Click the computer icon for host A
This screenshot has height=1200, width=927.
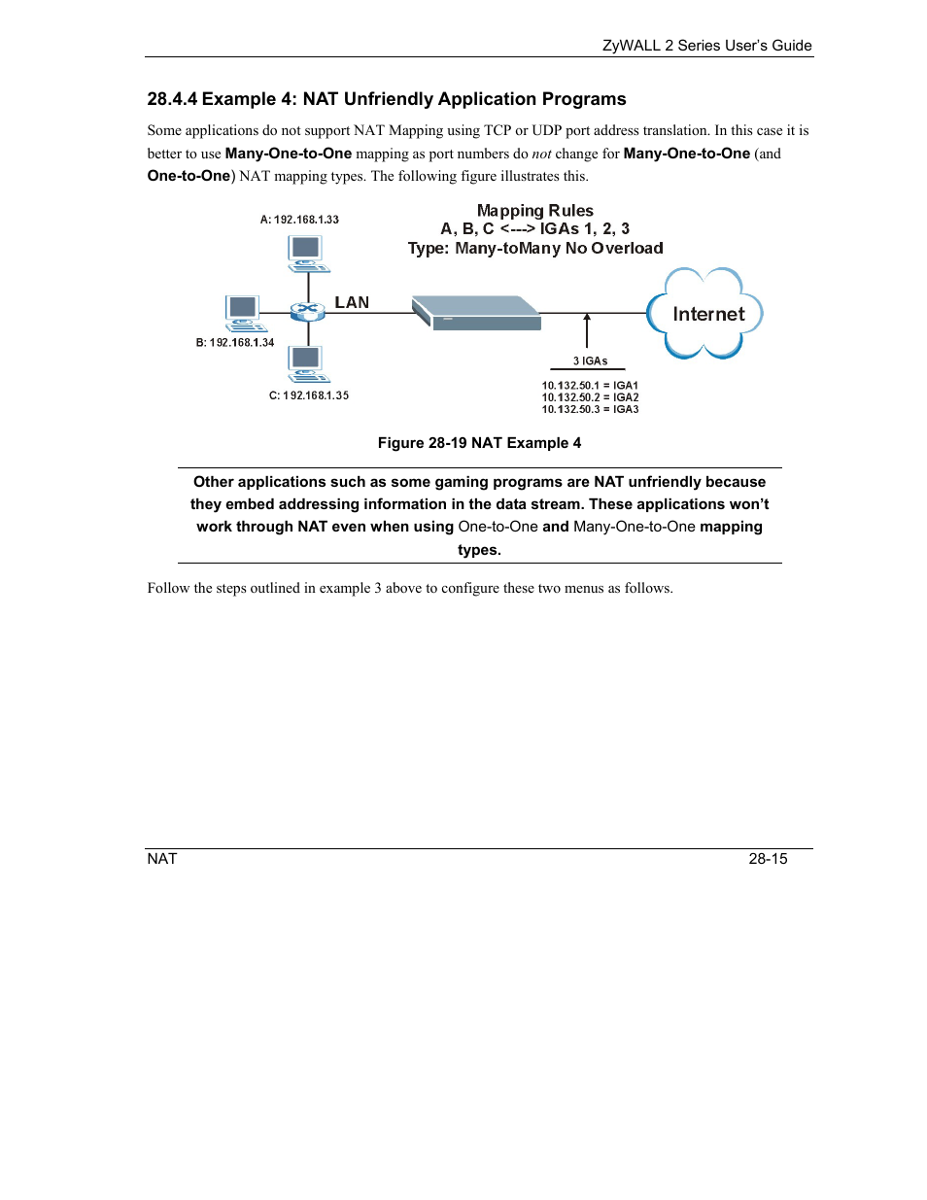point(308,253)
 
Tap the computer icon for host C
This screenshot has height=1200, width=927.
point(308,363)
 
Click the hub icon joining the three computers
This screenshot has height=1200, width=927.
point(308,312)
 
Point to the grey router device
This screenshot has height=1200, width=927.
point(476,313)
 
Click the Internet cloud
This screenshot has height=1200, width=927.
point(706,314)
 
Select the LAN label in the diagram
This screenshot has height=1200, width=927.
point(352,302)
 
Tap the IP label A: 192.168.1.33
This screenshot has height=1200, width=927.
point(299,220)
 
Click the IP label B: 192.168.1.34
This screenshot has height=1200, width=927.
point(235,343)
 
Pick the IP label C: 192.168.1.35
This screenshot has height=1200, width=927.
point(309,395)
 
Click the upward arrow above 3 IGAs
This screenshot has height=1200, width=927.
point(587,330)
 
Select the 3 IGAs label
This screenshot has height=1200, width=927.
point(590,360)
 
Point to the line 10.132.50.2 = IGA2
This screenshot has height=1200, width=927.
point(590,397)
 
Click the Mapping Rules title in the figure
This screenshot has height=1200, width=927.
point(534,211)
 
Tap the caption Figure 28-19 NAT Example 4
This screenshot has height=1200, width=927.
point(479,443)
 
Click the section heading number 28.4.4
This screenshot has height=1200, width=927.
point(172,99)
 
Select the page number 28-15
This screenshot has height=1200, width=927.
point(768,859)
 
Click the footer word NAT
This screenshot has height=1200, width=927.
point(162,859)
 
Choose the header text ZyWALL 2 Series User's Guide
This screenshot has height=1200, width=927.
point(706,46)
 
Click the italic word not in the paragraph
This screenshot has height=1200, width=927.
point(541,154)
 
